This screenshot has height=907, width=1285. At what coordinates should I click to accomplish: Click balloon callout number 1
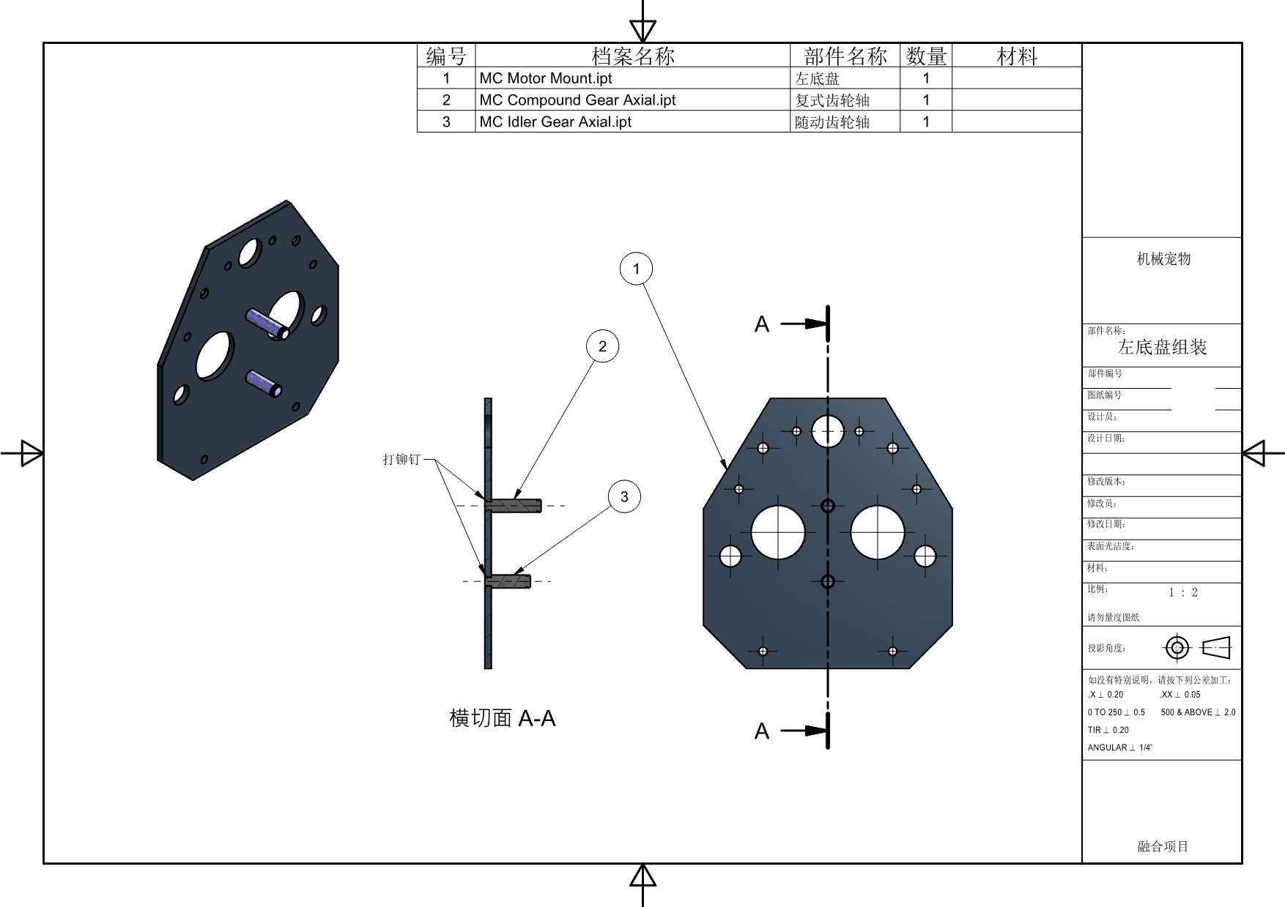click(x=636, y=269)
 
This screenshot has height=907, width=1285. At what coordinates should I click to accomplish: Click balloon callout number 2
click(x=602, y=346)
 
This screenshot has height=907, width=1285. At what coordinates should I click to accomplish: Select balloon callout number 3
click(x=624, y=497)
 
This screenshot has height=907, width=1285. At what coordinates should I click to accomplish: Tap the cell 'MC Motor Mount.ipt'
click(x=545, y=78)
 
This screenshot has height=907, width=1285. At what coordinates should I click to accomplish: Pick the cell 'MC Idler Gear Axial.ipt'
click(x=555, y=122)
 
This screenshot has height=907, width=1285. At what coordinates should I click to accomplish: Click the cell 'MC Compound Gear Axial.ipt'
click(x=577, y=100)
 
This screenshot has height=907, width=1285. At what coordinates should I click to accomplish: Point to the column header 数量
click(x=926, y=56)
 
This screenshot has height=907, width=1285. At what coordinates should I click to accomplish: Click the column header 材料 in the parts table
click(x=1017, y=56)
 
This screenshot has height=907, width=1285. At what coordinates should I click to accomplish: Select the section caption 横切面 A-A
click(x=503, y=718)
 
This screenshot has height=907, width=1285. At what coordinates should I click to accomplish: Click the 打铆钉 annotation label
click(x=401, y=460)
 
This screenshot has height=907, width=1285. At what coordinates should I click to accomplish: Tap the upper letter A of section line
click(x=762, y=324)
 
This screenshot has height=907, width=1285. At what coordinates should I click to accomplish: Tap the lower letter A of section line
click(x=762, y=731)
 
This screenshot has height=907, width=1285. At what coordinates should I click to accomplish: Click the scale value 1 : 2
click(x=1183, y=593)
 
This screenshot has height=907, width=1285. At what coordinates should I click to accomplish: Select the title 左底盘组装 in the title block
click(x=1162, y=347)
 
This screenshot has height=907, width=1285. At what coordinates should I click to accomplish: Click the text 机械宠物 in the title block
click(x=1163, y=258)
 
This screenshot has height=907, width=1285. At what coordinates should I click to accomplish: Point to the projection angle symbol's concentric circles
click(x=1177, y=648)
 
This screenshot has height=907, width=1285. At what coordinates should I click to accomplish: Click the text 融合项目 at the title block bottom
click(x=1163, y=846)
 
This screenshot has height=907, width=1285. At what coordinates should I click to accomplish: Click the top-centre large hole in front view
click(x=828, y=430)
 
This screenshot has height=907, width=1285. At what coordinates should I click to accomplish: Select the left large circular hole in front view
click(x=778, y=532)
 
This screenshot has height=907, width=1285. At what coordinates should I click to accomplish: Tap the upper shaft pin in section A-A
click(x=515, y=505)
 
